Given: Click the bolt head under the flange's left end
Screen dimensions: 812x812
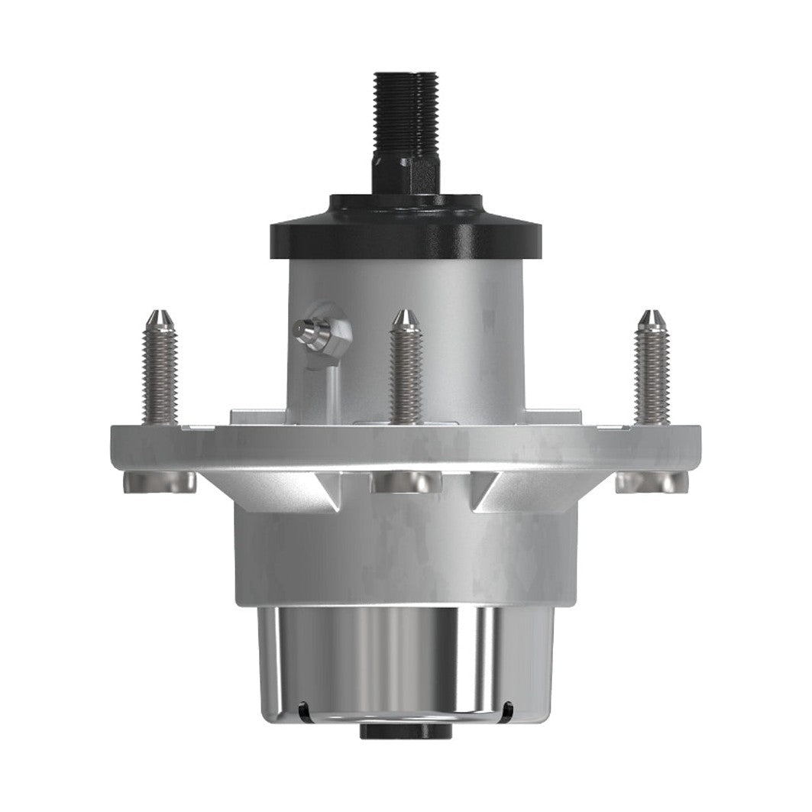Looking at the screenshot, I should point(159,481).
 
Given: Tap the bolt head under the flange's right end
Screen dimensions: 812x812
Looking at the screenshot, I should point(652,481).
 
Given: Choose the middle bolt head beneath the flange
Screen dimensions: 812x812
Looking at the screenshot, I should point(406,482).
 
